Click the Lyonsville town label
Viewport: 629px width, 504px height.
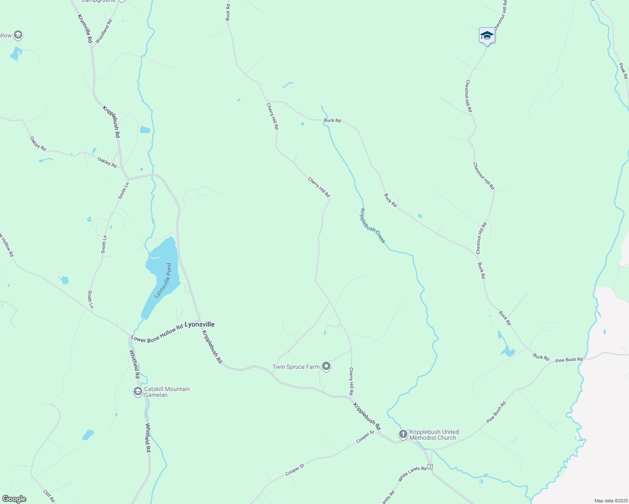pyautogui.click(x=200, y=325)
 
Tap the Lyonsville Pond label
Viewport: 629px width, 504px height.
pyautogui.click(x=163, y=281)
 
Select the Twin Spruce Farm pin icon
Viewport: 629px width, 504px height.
pyautogui.click(x=326, y=367)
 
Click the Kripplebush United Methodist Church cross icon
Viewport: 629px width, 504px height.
pyautogui.click(x=403, y=434)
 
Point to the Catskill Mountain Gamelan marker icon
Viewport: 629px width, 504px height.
pyautogui.click(x=137, y=391)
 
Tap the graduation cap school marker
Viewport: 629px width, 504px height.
pyautogui.click(x=487, y=36)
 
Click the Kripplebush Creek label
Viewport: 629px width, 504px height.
pyautogui.click(x=372, y=226)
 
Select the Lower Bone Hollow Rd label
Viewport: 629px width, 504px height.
pyautogui.click(x=157, y=333)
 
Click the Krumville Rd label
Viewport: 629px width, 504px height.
pyautogui.click(x=85, y=29)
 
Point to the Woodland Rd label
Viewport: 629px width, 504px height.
pyautogui.click(x=104, y=31)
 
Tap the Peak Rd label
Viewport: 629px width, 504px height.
pyautogui.click(x=623, y=71)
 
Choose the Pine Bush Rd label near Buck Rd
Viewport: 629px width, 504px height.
pyautogui.click(x=569, y=360)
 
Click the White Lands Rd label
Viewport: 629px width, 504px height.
pyautogui.click(x=412, y=474)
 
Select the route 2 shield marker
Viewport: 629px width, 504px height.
pyautogui.click(x=431, y=467)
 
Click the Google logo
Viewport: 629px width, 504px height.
pyautogui.click(x=14, y=499)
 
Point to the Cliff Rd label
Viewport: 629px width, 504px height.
pyautogui.click(x=49, y=496)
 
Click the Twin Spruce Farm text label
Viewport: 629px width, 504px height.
pyautogui.click(x=296, y=367)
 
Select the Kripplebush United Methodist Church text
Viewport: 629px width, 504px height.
pyautogui.click(x=434, y=435)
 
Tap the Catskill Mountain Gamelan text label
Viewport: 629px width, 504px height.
pyautogui.click(x=167, y=392)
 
